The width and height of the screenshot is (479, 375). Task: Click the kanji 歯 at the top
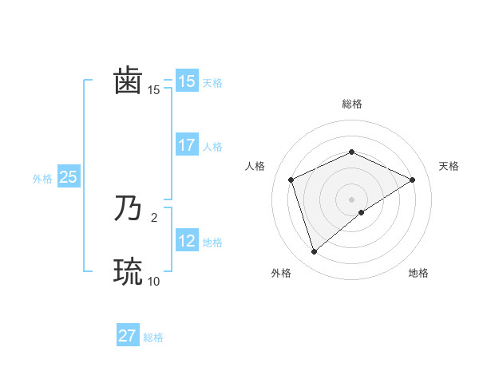tap(128, 81)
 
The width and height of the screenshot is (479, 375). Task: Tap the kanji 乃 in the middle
tap(128, 209)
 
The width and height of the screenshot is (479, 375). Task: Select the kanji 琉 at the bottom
tap(128, 272)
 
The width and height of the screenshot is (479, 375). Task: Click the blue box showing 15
tap(187, 81)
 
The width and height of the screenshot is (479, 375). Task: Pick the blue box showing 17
tap(187, 146)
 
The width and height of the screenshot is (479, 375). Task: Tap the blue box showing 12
tap(187, 241)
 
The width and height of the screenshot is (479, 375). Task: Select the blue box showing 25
tap(68, 177)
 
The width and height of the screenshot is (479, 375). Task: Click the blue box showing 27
tap(128, 336)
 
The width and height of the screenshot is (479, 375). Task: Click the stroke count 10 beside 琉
tap(153, 281)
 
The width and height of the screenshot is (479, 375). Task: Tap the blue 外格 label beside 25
tap(42, 179)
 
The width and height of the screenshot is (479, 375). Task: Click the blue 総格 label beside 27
tap(153, 337)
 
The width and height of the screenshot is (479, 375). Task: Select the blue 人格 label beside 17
tap(212, 148)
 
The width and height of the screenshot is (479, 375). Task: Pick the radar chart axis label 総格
tap(351, 104)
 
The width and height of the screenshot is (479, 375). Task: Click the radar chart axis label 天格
tap(449, 166)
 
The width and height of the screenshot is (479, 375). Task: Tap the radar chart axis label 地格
tap(418, 274)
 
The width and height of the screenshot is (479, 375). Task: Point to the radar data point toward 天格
tap(413, 180)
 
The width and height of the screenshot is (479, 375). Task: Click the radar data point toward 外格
tap(314, 252)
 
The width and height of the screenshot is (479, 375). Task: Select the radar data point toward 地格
tap(362, 212)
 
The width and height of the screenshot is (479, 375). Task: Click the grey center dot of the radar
tap(351, 199)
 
